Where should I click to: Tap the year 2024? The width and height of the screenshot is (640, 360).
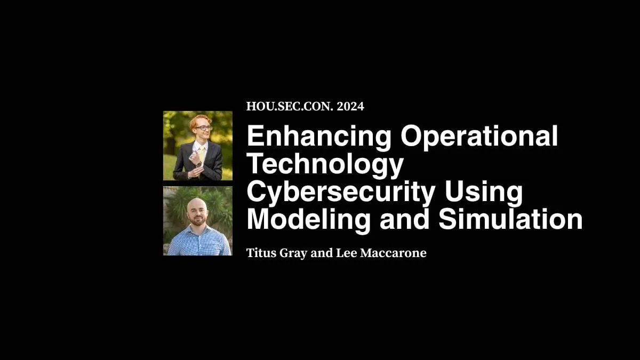click(350, 106)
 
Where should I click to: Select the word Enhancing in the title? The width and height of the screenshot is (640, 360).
click(319, 137)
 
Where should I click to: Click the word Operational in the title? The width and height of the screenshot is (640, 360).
click(479, 137)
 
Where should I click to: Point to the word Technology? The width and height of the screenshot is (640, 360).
click(324, 164)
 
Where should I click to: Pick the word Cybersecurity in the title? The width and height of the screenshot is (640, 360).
click(340, 192)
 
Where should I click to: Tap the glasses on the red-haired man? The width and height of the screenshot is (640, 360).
click(202, 128)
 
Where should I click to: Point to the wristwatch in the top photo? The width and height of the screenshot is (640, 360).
click(198, 165)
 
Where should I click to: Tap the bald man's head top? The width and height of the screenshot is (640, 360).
click(196, 203)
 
